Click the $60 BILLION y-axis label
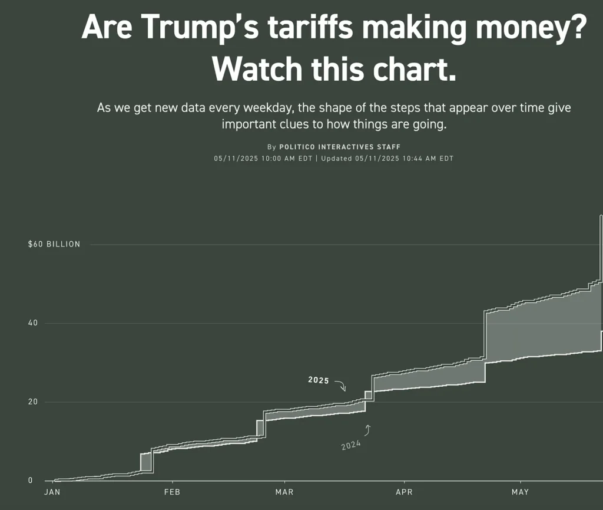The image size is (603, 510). pyautogui.click(x=54, y=244)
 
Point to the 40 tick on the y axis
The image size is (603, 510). pyautogui.click(x=32, y=323)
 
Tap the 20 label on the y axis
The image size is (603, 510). pyautogui.click(x=32, y=402)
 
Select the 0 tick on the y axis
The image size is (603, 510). pyautogui.click(x=31, y=481)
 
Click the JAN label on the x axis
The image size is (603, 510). pyautogui.click(x=52, y=492)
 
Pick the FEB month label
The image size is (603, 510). pyautogui.click(x=172, y=492)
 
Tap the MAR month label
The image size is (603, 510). pyautogui.click(x=284, y=492)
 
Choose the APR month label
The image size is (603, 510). pyautogui.click(x=404, y=492)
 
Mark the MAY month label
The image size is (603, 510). pyautogui.click(x=520, y=492)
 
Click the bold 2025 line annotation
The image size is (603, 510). pyautogui.click(x=319, y=380)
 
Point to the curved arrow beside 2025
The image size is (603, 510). pyautogui.click(x=340, y=386)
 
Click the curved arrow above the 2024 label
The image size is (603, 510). pyautogui.click(x=368, y=430)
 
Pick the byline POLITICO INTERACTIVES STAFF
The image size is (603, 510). pyautogui.click(x=340, y=147)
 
